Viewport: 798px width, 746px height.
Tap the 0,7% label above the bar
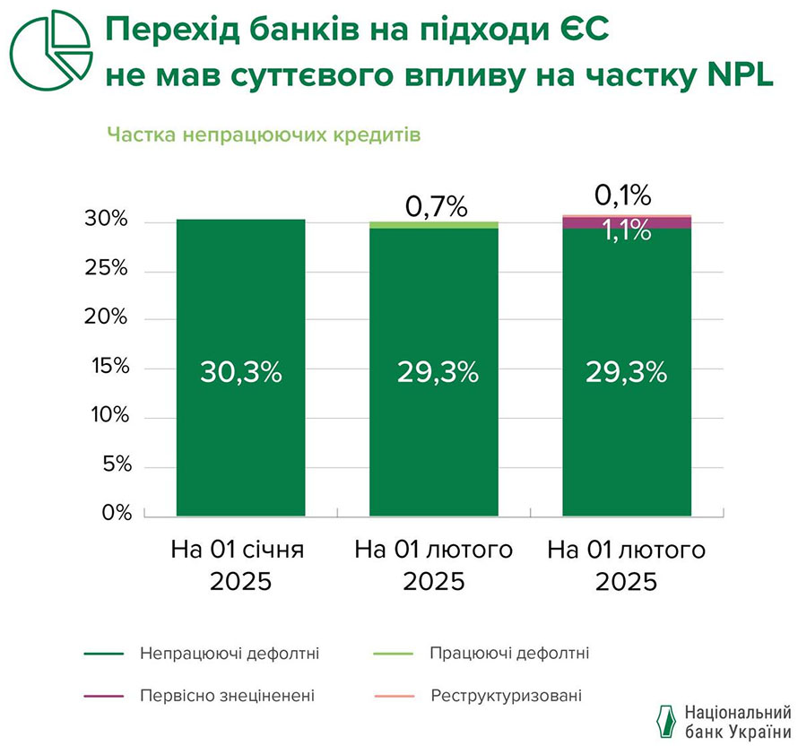point(437,207)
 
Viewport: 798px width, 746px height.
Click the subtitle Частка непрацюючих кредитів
point(264,134)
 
